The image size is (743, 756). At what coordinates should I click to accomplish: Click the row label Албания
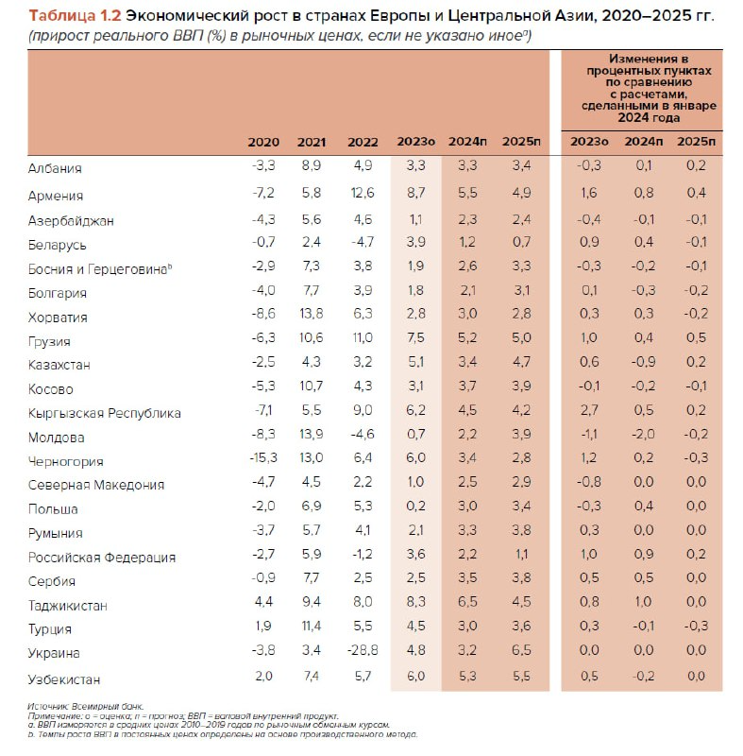click(x=55, y=168)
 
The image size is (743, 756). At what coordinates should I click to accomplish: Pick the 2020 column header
click(x=263, y=142)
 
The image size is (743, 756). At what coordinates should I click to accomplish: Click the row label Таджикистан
click(x=69, y=605)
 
